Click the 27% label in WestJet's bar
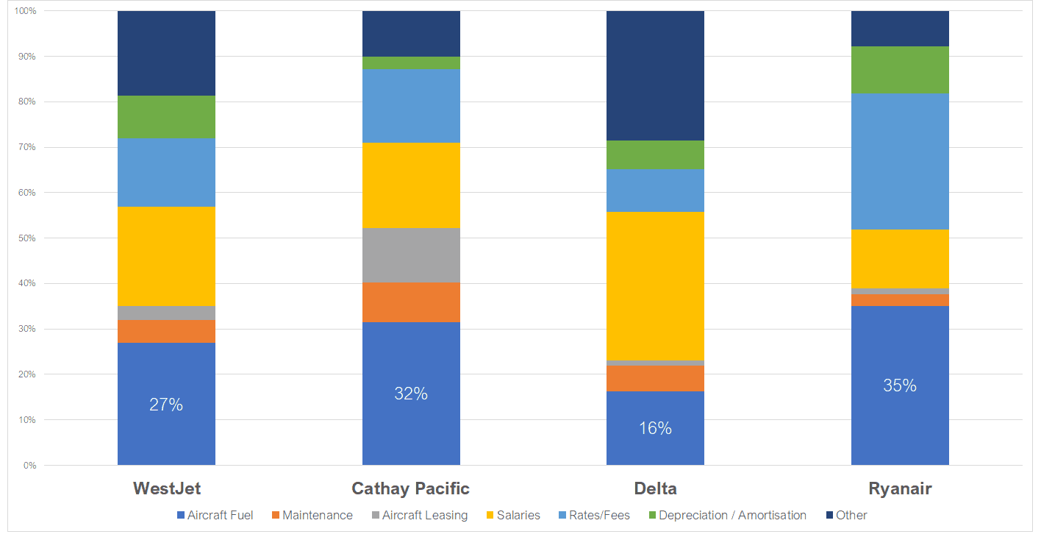pos(166,405)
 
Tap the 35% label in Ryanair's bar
pos(900,385)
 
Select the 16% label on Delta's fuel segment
pos(655,428)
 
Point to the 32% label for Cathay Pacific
pos(411,394)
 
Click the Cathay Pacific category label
pos(410,488)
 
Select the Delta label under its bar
pos(655,488)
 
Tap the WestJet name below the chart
pos(167,488)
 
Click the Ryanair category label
pos(900,488)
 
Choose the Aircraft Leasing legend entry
pos(424,515)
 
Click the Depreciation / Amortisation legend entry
pos(731,515)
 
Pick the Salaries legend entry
pos(518,515)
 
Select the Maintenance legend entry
pos(317,515)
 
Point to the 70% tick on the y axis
pos(26,147)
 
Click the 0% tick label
pos(29,466)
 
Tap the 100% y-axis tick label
pos(24,11)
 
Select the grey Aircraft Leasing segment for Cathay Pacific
pos(411,255)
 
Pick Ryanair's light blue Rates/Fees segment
pos(900,161)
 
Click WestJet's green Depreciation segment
pos(166,116)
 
